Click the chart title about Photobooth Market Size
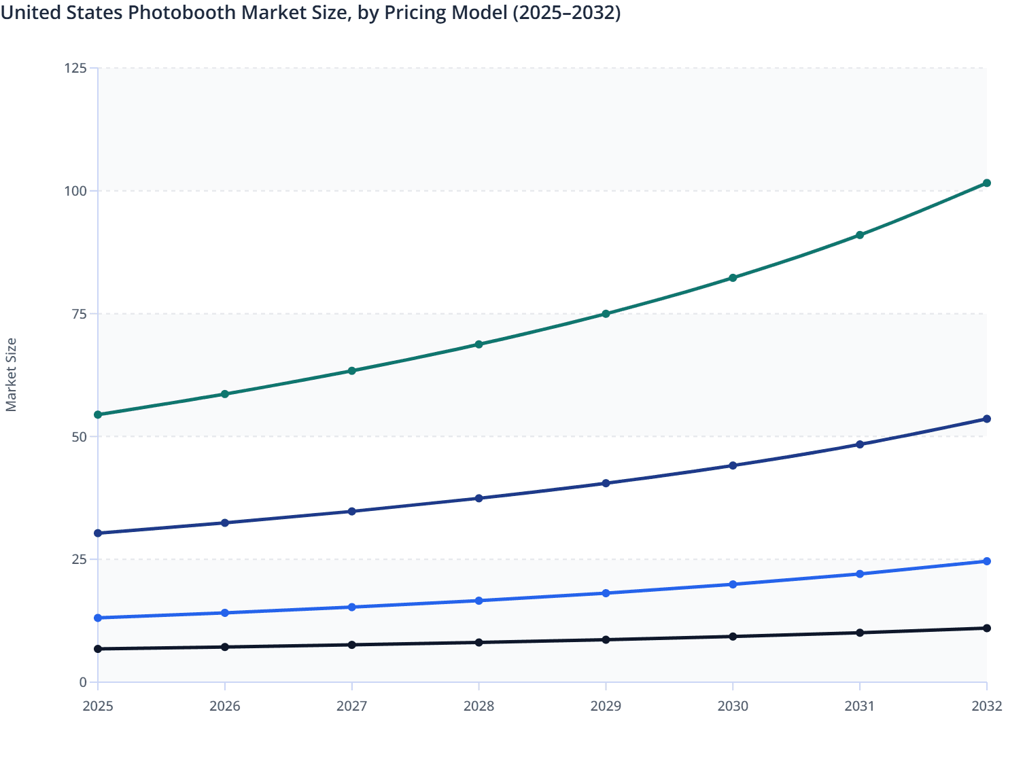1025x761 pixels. tap(311, 13)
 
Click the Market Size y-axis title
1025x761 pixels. tap(12, 374)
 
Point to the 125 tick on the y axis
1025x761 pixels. tap(75, 68)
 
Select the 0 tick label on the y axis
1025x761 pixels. tap(83, 682)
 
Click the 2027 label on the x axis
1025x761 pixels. tap(351, 706)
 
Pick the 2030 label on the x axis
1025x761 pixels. tap(733, 706)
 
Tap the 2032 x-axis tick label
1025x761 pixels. tap(986, 706)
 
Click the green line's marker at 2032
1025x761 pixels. tap(987, 183)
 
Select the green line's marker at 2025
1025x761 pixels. tap(98, 414)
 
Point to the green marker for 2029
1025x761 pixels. tap(606, 314)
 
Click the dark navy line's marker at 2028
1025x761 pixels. tap(479, 498)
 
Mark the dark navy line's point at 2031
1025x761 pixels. tap(860, 444)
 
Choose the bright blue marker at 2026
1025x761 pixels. tap(225, 613)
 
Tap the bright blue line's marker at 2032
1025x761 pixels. tap(987, 561)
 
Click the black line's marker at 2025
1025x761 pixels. tap(98, 649)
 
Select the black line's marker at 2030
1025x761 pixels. tap(733, 637)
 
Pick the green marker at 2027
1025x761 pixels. tap(351, 371)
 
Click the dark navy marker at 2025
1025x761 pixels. tap(98, 533)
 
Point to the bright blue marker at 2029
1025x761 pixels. tap(606, 593)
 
